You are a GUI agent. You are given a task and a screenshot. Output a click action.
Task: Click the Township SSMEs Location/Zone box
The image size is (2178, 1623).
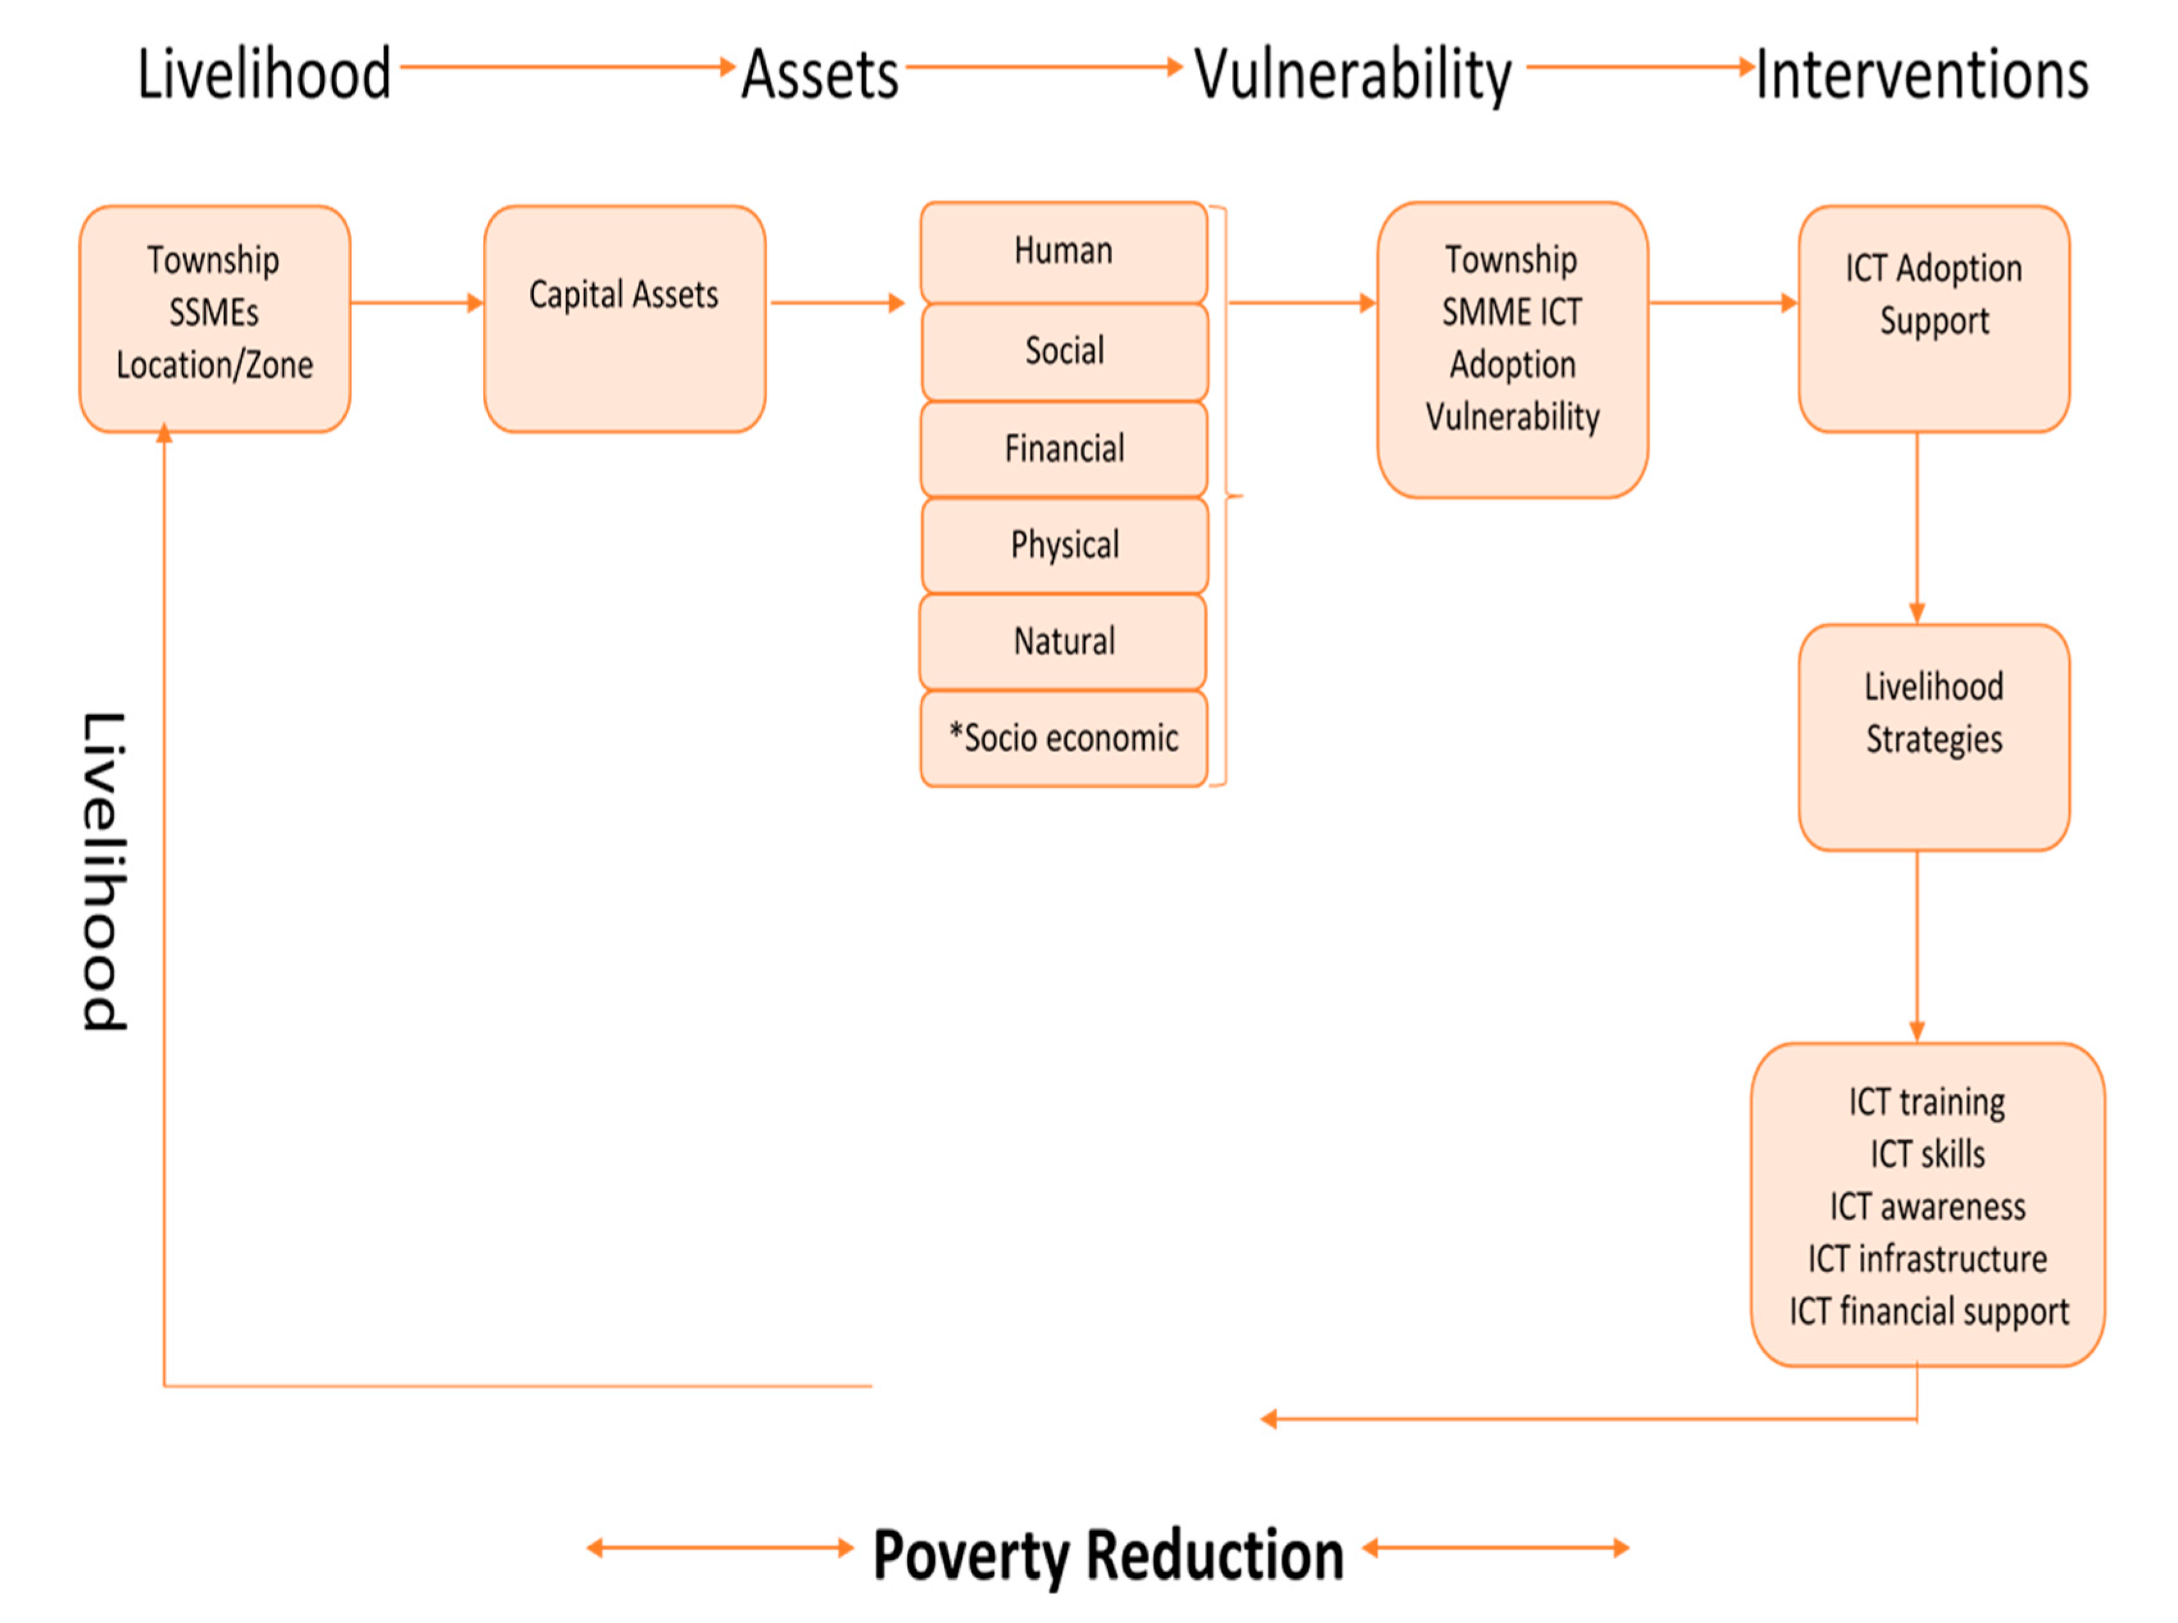[x=214, y=318]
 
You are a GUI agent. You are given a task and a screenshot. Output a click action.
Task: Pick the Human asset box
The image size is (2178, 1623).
[x=1063, y=252]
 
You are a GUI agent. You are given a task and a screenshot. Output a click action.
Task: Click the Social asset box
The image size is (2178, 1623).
[x=1064, y=351]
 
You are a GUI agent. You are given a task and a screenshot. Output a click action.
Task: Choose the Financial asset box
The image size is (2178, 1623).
[x=1064, y=449]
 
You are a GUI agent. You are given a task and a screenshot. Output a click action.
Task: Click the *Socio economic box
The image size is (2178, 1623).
[x=1063, y=738]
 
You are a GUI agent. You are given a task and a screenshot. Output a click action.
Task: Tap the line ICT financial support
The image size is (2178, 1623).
[x=1928, y=1311]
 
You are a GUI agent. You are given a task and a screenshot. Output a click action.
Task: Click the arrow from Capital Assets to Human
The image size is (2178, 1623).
[x=836, y=303]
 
